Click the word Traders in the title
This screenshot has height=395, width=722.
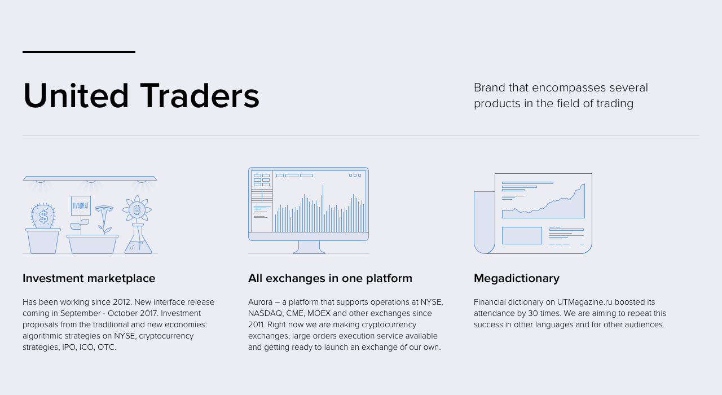coord(200,96)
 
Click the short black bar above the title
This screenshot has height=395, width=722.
coord(79,51)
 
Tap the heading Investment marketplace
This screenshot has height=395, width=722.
coord(89,278)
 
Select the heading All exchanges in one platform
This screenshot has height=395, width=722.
coord(330,278)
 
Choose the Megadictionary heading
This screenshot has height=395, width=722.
coord(517,279)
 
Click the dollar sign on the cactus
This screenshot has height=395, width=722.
coord(43,217)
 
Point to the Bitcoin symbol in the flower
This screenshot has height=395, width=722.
coord(137,210)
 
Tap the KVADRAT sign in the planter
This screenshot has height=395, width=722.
coord(81,205)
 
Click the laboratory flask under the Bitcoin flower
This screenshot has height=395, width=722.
coord(138,239)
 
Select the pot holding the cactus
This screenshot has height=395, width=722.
coord(43,241)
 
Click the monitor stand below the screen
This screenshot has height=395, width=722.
coord(309,247)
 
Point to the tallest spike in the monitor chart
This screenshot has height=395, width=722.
coord(323,208)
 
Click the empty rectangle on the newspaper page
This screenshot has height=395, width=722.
coord(522,235)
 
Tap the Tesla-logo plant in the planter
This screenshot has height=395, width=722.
coord(104,219)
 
